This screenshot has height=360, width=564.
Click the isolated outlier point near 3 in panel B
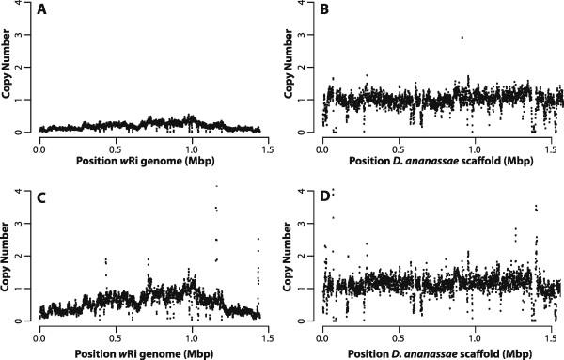(x=462, y=38)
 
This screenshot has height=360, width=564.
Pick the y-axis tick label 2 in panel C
(x=24, y=257)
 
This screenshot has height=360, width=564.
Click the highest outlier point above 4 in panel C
(x=216, y=186)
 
